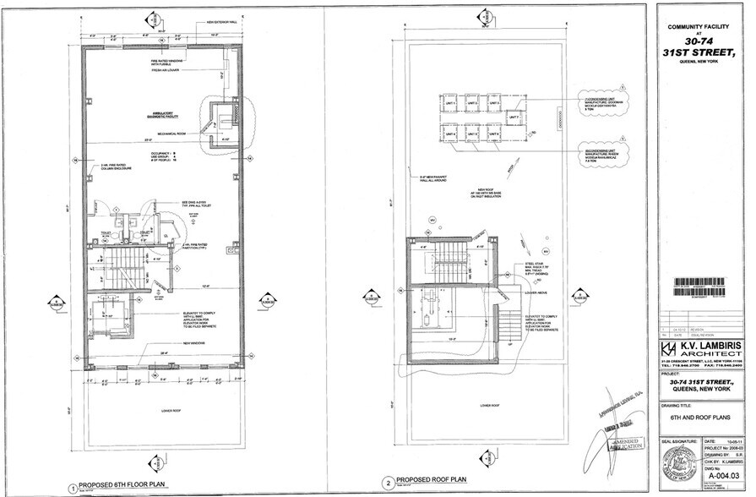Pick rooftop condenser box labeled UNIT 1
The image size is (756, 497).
coord(450,104)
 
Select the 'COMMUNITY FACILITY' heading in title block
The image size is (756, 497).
coord(699,27)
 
